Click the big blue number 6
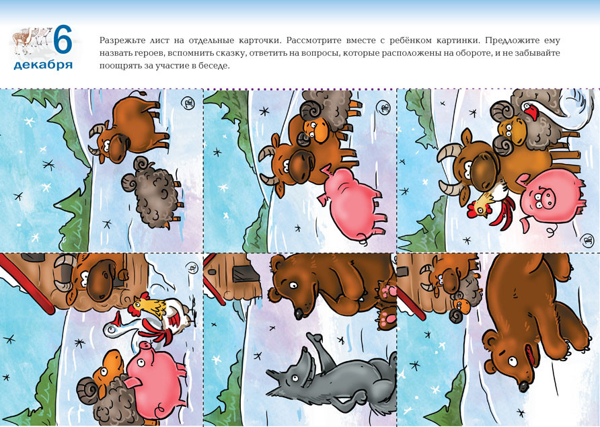point(63,39)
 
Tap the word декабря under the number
point(43,65)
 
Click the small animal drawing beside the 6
point(32,38)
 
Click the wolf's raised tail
point(315,344)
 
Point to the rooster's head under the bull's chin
point(478,206)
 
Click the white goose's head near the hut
point(112,329)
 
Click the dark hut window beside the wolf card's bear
point(243,274)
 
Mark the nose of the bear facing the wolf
point(299,314)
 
